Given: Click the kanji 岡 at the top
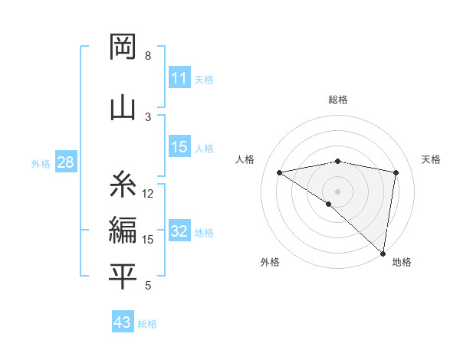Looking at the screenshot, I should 123,47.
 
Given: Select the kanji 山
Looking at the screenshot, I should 123,106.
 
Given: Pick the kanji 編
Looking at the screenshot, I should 123,230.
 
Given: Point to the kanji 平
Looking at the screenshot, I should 123,277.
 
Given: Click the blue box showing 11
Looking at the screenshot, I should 179,78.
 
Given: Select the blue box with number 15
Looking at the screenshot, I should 179,148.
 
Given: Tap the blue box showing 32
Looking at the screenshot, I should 179,232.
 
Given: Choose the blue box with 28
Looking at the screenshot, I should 65,162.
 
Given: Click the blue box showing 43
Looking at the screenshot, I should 123,322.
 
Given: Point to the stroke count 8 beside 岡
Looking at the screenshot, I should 148,56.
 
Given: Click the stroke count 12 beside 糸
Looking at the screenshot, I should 148,194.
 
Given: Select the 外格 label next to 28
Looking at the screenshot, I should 41,163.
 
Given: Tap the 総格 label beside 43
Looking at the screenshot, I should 147,324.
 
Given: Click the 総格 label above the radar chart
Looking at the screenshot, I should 338,100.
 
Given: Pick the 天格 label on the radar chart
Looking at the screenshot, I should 432,159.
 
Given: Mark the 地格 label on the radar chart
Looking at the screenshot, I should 402,262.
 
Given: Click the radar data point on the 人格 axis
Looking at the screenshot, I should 279,172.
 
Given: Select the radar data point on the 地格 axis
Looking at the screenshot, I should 383,253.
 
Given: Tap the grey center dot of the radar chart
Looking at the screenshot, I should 337,191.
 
